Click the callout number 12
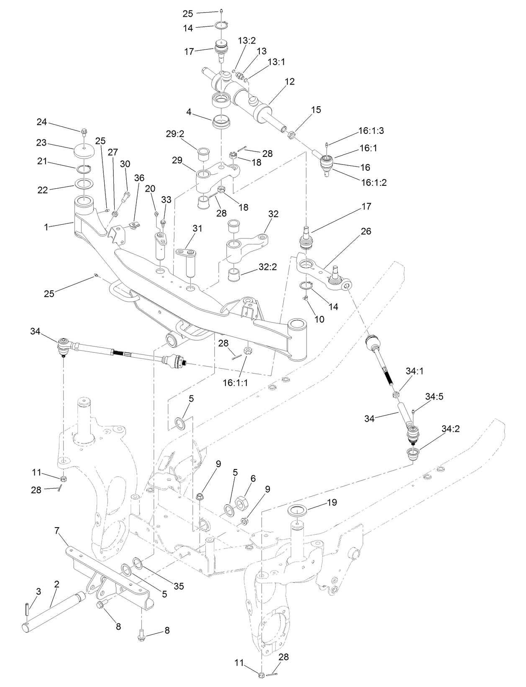click(x=290, y=82)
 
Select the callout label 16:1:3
click(x=371, y=131)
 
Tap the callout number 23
click(x=41, y=142)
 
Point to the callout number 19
click(x=332, y=502)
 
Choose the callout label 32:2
click(x=267, y=266)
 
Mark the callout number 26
click(x=366, y=231)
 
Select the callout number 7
click(x=57, y=531)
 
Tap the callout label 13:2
click(x=246, y=40)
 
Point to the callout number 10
click(x=319, y=320)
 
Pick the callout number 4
click(x=189, y=112)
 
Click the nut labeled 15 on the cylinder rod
click(x=292, y=135)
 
